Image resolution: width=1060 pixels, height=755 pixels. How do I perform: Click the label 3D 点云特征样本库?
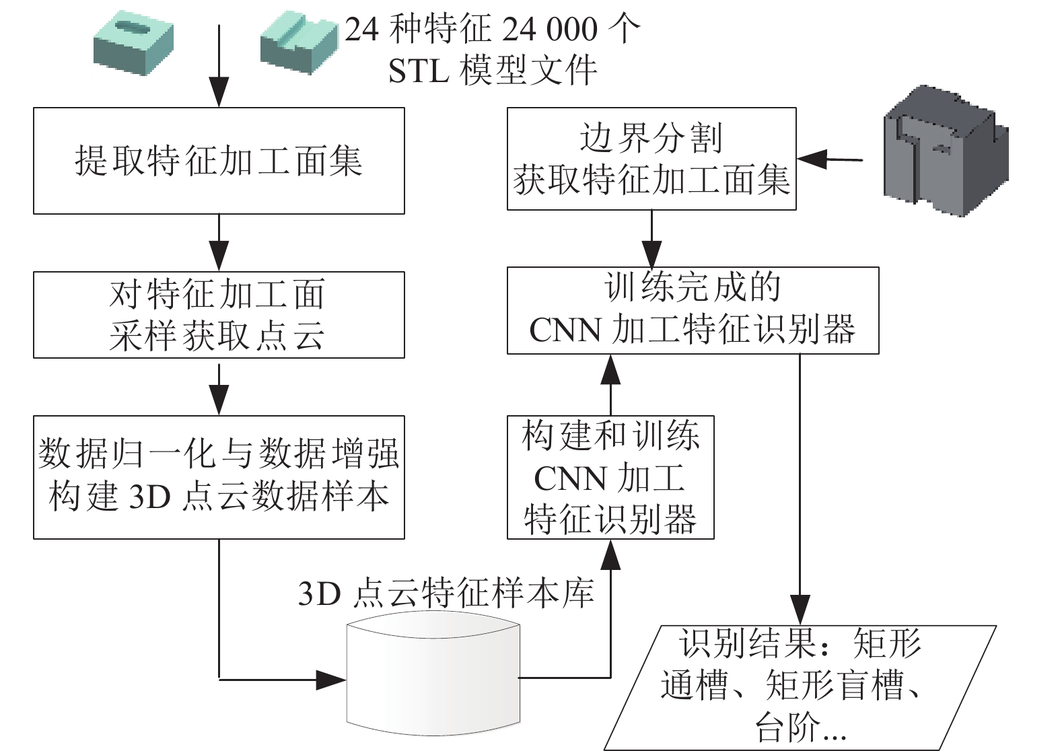tap(446, 593)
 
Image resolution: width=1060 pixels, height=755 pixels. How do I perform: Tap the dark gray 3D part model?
tap(946, 151)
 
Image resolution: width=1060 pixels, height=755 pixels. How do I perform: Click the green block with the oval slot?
tap(133, 42)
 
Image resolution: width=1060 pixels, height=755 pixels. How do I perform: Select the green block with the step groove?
tap(299, 42)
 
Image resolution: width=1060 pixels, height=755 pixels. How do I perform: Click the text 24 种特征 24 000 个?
tap(492, 30)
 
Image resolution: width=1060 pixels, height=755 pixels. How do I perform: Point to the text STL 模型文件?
tap(492, 71)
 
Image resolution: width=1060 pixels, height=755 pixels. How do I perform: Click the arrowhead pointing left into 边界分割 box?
tap(812, 159)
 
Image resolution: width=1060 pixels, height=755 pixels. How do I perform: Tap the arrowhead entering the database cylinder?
tap(330, 680)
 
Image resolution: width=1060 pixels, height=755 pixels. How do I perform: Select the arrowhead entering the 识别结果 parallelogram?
tap(800, 610)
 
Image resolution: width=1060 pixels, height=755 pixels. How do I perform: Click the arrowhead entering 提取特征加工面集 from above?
tap(219, 92)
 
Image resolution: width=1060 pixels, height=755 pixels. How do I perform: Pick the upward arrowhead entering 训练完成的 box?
tap(610, 369)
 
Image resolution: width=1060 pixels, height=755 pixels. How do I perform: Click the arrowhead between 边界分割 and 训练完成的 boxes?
tap(651, 254)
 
